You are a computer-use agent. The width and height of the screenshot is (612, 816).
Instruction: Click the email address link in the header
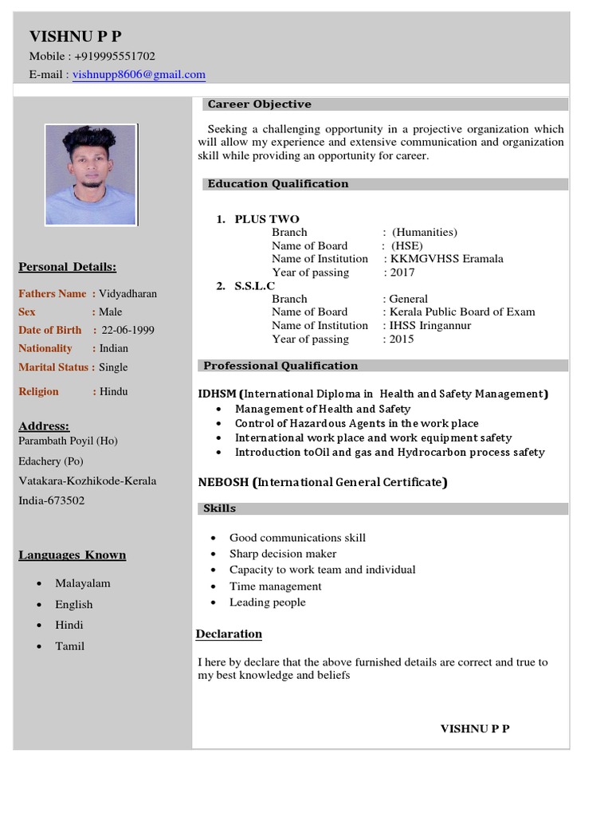tap(139, 75)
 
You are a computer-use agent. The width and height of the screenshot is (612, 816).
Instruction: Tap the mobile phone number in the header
tap(116, 56)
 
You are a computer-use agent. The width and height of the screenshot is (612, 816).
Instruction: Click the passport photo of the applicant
tap(90, 175)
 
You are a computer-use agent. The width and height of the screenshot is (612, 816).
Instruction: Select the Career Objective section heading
tap(259, 104)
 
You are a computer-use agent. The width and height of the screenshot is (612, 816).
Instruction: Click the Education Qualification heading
tap(277, 184)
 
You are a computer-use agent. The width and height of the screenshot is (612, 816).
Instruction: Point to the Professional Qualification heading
tap(280, 366)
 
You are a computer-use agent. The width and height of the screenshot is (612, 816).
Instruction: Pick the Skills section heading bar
tap(220, 508)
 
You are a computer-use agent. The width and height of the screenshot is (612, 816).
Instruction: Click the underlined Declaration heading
tap(229, 634)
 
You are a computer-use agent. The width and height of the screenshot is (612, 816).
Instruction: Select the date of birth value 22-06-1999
tap(127, 330)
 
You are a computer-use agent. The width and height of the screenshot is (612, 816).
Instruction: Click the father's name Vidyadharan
tap(128, 293)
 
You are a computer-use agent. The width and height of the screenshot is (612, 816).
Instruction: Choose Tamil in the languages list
tap(69, 646)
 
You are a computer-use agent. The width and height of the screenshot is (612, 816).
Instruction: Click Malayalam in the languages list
tap(82, 583)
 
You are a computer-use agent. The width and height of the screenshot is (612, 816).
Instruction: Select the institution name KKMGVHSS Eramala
tap(446, 259)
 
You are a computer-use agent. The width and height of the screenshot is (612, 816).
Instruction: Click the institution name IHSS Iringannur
tap(430, 325)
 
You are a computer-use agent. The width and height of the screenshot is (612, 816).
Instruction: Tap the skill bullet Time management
tap(275, 586)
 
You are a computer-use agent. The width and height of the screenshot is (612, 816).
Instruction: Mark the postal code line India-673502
tap(52, 501)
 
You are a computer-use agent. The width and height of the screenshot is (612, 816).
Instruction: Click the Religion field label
tap(38, 391)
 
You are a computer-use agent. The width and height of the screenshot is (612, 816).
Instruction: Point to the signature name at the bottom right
tap(475, 729)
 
